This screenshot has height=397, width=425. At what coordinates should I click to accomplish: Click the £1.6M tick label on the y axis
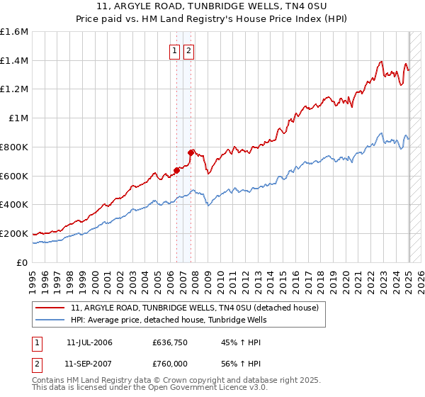pyautogui.click(x=14, y=32)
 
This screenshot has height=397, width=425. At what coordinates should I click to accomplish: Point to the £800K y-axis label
pyautogui.click(x=14, y=147)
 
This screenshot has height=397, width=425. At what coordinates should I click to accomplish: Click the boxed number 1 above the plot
pyautogui.click(x=174, y=51)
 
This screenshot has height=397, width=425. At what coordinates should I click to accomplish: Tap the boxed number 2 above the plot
pyautogui.click(x=189, y=51)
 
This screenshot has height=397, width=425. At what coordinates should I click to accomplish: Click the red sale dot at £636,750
pyautogui.click(x=176, y=170)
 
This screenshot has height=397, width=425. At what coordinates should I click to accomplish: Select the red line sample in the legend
pyautogui.click(x=51, y=308)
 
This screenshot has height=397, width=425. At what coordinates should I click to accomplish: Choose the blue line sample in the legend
pyautogui.click(x=51, y=320)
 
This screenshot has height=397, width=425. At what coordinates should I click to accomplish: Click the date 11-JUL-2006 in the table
pyautogui.click(x=89, y=342)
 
